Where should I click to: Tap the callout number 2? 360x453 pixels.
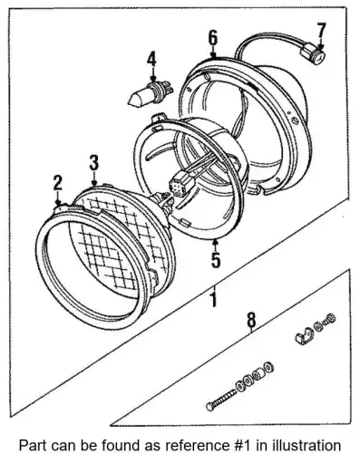pyautogui.click(x=58, y=183)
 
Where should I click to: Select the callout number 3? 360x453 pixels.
pyautogui.click(x=94, y=162)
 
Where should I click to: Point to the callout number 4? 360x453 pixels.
pyautogui.click(x=151, y=59)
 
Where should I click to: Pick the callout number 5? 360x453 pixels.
pyautogui.click(x=216, y=260)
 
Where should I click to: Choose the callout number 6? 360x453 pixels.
pyautogui.click(x=213, y=38)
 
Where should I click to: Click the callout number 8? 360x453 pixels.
pyautogui.click(x=251, y=320)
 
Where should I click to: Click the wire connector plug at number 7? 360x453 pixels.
pyautogui.click(x=313, y=53)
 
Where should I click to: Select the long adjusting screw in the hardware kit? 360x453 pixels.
pyautogui.click(x=222, y=400)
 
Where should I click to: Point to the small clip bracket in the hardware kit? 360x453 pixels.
pyautogui.click(x=304, y=335)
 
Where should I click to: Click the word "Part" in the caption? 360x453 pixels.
pyautogui.click(x=31, y=445)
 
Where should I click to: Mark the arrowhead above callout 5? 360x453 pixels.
pyautogui.click(x=215, y=241)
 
